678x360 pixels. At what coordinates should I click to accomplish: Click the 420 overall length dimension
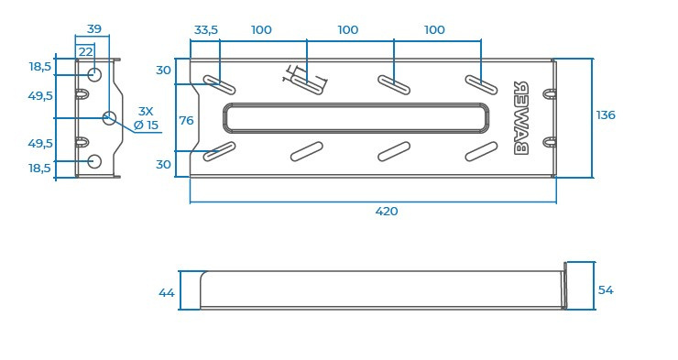coord(387,212)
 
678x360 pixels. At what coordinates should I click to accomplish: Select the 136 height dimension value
coord(606,115)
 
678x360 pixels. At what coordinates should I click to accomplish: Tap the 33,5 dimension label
coord(206,30)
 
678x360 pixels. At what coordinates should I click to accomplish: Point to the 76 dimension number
coord(186,121)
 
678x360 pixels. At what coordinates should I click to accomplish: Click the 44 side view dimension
coord(166,293)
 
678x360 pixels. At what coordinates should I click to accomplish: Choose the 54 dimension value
coord(606,290)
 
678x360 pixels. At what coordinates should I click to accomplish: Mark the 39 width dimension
coord(93,29)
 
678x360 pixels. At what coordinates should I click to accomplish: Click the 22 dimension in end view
coord(85,52)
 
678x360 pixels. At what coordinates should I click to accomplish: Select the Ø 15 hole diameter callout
coord(146,125)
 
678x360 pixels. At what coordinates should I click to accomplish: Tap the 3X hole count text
coord(146,111)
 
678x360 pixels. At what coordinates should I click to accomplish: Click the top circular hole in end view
coord(94,74)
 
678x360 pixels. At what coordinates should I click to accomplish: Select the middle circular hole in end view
coord(109,117)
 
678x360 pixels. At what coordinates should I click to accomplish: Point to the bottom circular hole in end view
coord(94,161)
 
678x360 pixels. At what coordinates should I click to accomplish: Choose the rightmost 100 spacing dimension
coord(434,30)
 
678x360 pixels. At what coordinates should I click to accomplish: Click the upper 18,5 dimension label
coord(40,67)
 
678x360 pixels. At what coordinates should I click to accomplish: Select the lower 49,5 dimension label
coord(40,144)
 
